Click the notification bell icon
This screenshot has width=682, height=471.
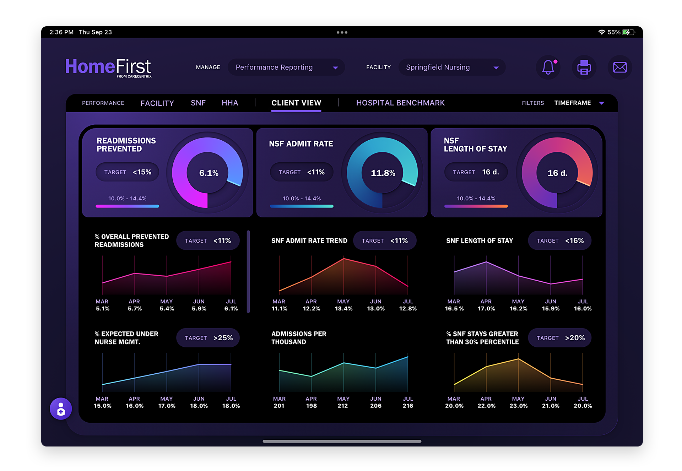click(548, 67)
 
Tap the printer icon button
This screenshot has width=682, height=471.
click(584, 67)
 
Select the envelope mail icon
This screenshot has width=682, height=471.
click(620, 67)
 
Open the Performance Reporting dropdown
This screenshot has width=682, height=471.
click(286, 67)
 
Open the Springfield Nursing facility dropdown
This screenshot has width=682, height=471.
click(452, 67)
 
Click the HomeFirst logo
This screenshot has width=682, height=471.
click(108, 67)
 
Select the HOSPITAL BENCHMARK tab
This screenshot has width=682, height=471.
click(400, 103)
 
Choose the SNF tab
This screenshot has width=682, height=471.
click(198, 103)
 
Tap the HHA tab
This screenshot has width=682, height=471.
click(230, 103)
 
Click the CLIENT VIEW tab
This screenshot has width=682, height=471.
click(296, 103)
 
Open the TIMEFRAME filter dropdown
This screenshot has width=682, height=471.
click(579, 103)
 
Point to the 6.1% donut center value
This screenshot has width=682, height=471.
click(209, 173)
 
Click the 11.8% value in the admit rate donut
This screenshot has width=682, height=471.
click(383, 173)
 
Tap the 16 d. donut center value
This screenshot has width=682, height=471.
click(557, 173)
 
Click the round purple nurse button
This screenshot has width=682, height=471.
click(61, 408)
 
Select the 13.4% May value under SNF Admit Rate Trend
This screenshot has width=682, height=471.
click(343, 309)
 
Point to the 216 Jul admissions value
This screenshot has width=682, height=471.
click(408, 406)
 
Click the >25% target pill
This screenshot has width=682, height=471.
click(208, 338)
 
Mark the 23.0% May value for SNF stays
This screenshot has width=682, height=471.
click(518, 406)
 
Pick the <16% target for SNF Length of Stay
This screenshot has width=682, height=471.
click(560, 240)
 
